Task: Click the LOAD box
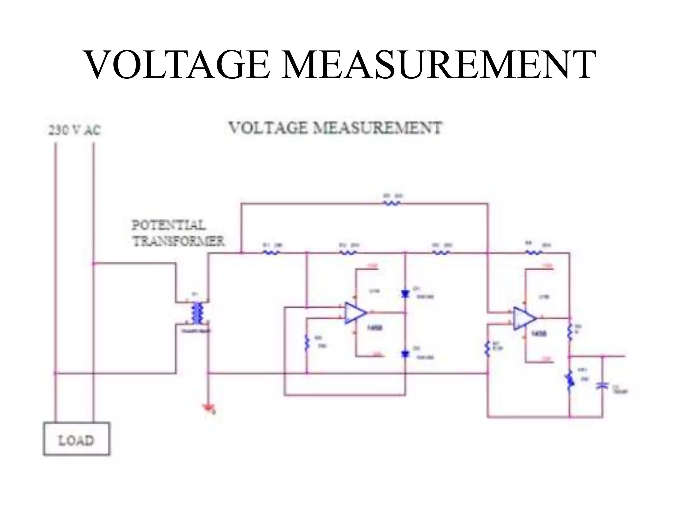pyautogui.click(x=76, y=438)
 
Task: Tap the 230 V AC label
pyautogui.click(x=74, y=130)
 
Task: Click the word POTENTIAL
pyautogui.click(x=169, y=225)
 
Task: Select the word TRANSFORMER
pyautogui.click(x=178, y=241)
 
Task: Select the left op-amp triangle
pyautogui.click(x=355, y=312)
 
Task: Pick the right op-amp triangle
pyautogui.click(x=524, y=318)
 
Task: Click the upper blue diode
pyautogui.click(x=405, y=293)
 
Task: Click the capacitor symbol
pyautogui.click(x=602, y=385)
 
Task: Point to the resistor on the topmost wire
pyautogui.click(x=392, y=203)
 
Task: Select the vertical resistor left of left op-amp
pyautogui.click(x=307, y=343)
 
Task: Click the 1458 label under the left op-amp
pyautogui.click(x=375, y=327)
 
